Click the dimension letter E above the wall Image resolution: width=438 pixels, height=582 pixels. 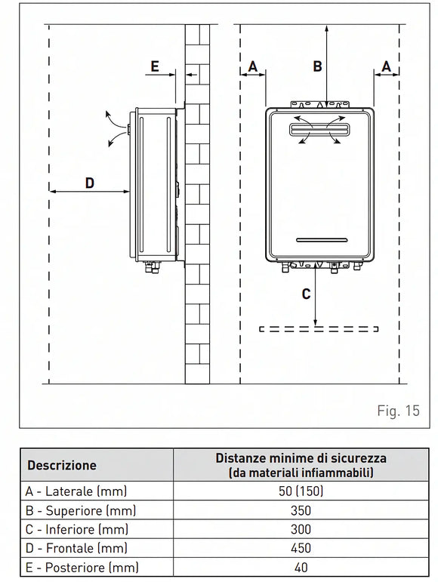point(154,66)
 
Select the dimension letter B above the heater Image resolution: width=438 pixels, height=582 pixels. point(318,66)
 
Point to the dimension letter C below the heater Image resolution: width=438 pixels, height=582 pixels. point(306,294)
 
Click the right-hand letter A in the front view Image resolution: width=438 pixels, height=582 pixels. point(386,66)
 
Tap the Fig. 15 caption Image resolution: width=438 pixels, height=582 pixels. point(397,411)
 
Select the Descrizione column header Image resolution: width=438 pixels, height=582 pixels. point(62,466)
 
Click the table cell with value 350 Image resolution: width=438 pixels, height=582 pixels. point(301,510)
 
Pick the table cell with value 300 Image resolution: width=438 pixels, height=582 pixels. point(301,529)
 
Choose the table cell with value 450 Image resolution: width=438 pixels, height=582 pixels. point(301,549)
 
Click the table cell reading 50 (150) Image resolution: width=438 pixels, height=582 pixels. point(301,491)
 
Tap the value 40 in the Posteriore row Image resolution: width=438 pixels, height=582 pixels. point(301,568)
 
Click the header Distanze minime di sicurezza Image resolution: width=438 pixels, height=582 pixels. point(301,458)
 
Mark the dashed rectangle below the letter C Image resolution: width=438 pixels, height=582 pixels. point(317,329)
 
